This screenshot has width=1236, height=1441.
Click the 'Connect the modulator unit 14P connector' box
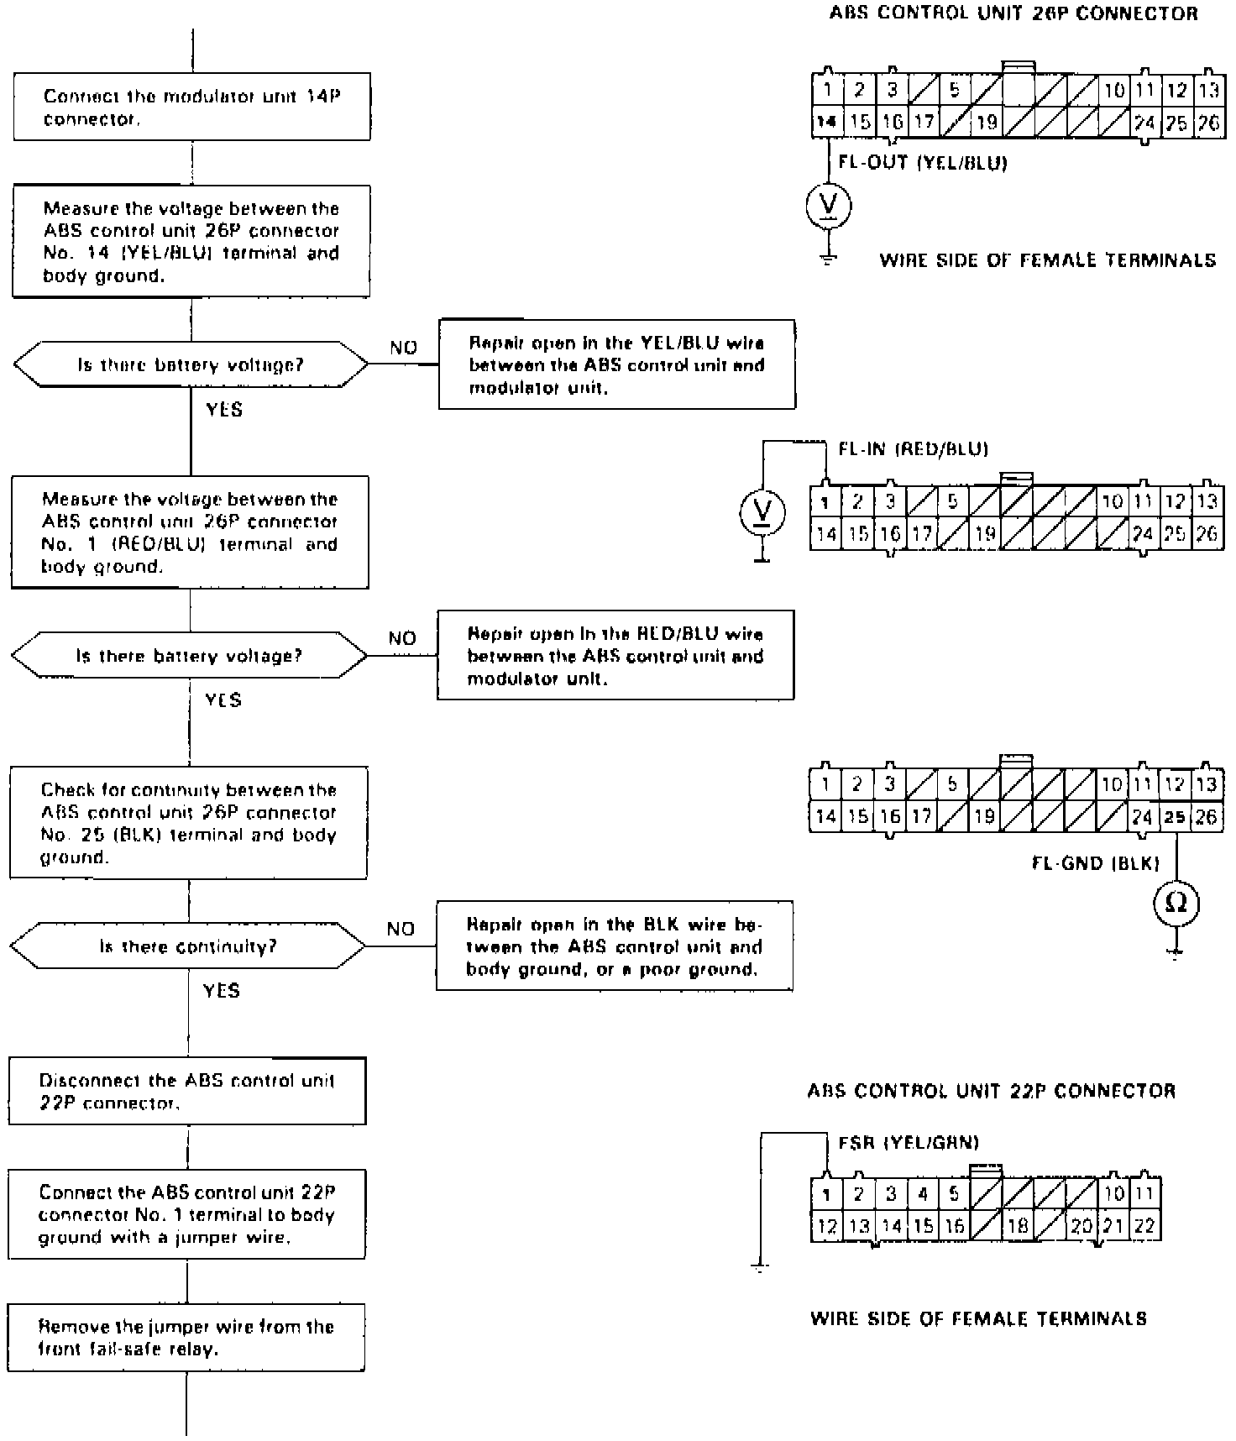tap(191, 107)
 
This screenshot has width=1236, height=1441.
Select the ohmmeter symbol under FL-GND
tap(1176, 904)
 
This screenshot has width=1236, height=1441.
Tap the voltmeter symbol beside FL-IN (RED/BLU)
tap(762, 512)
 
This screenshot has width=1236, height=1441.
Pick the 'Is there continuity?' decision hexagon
tap(188, 946)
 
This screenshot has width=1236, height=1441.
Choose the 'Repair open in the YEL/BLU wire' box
tap(617, 364)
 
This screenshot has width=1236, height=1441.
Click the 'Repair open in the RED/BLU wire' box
tap(615, 655)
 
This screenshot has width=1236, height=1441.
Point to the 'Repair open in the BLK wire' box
tap(615, 946)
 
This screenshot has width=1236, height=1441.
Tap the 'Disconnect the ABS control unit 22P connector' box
tap(187, 1091)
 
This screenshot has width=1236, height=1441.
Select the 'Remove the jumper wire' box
tap(186, 1338)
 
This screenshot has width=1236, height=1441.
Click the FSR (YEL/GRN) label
tap(909, 1142)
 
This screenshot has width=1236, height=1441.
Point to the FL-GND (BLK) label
tap(1095, 863)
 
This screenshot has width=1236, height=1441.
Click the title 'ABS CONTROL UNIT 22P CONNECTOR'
tap(991, 1091)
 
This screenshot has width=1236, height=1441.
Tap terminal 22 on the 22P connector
tap(1144, 1226)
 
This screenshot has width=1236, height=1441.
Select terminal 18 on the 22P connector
tap(1018, 1226)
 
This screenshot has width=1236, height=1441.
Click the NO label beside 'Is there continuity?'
tap(401, 929)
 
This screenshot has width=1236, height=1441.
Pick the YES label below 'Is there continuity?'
tap(222, 991)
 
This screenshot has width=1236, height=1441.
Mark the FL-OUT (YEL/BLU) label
tap(923, 163)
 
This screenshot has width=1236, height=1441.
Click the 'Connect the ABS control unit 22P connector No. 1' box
tap(187, 1214)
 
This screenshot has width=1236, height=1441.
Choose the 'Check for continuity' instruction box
tap(188, 823)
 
